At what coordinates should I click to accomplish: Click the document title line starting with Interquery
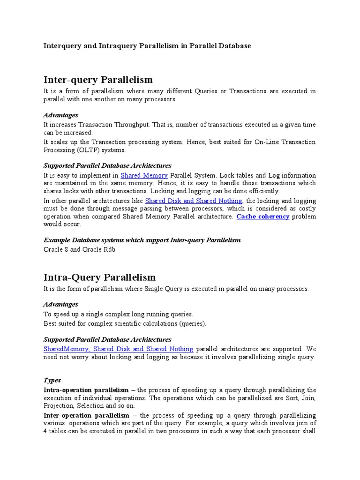147,46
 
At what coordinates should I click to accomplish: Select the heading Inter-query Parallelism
98,80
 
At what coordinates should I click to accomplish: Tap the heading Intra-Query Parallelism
99,277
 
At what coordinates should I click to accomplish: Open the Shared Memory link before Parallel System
144,175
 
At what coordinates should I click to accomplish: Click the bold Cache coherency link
262,217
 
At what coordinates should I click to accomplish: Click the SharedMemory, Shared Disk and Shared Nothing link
118,349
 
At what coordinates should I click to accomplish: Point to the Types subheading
52,380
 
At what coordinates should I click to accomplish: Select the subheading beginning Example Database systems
142,240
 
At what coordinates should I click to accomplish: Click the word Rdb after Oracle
109,249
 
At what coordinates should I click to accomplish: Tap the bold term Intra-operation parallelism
86,390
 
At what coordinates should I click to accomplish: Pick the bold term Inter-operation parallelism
86,415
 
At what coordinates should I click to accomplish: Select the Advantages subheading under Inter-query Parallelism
60,115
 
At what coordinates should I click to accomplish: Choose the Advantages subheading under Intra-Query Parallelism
60,305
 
